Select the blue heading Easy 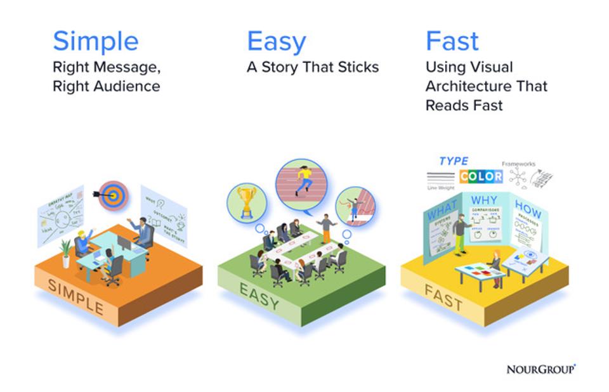(276, 41)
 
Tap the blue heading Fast (452, 41)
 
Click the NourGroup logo (540, 369)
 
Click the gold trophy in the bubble (246, 200)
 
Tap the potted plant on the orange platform (65, 252)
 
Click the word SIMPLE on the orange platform (75, 297)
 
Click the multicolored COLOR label (481, 176)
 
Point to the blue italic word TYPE (454, 161)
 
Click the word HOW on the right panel (527, 209)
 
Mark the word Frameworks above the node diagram (518, 164)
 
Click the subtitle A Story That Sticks (312, 67)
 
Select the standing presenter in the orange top (326, 228)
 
